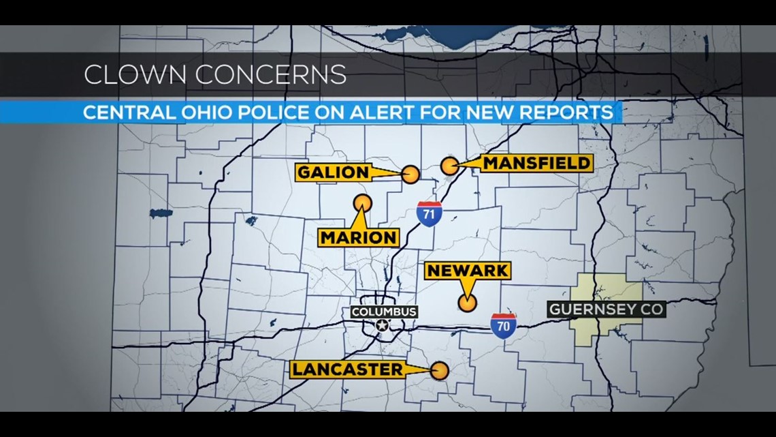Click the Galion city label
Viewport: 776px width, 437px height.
pyautogui.click(x=333, y=172)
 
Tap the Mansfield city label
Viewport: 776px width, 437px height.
pyautogui.click(x=536, y=163)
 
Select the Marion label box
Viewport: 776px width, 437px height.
pyautogui.click(x=359, y=237)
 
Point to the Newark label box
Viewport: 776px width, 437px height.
pyautogui.click(x=467, y=271)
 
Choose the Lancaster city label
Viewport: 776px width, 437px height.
pyautogui.click(x=347, y=370)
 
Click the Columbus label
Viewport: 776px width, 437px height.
pyautogui.click(x=384, y=312)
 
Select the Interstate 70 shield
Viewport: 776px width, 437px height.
pyautogui.click(x=503, y=325)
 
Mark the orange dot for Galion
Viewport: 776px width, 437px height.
pyautogui.click(x=410, y=175)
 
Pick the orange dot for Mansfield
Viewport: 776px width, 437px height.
pyautogui.click(x=449, y=166)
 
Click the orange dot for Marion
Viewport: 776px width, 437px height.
pyautogui.click(x=363, y=202)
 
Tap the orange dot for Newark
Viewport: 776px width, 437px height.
pyautogui.click(x=467, y=303)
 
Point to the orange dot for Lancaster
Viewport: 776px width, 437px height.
pyautogui.click(x=440, y=370)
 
